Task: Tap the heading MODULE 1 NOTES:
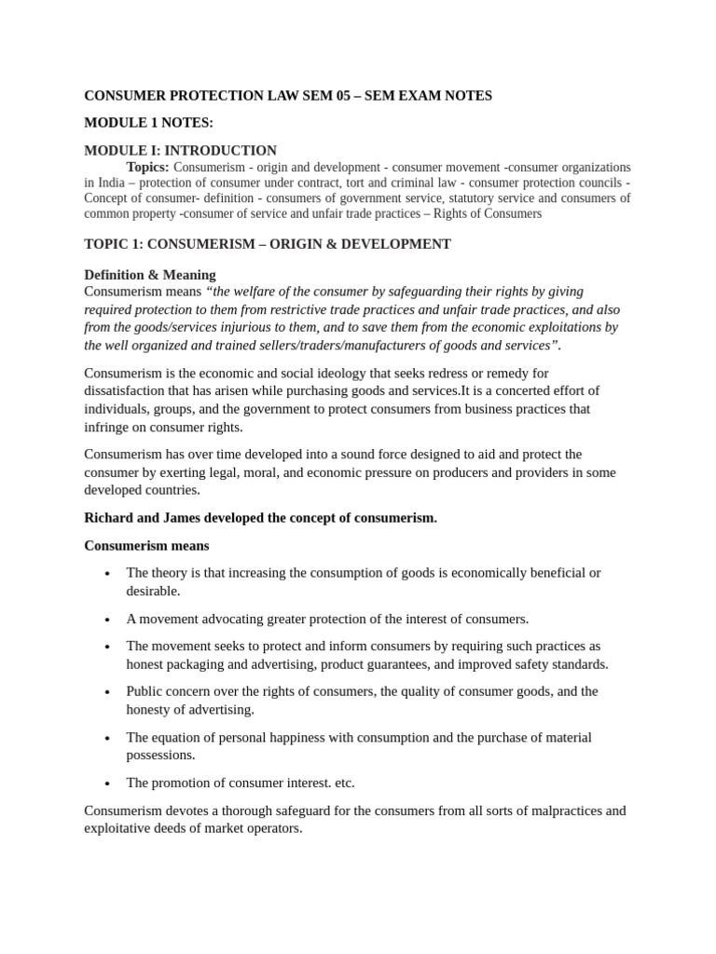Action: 149,123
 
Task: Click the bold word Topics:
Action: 148,167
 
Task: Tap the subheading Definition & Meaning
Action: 150,275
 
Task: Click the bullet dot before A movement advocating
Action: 108,620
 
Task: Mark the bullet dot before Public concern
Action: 108,692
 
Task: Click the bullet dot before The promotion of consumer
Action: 108,784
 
